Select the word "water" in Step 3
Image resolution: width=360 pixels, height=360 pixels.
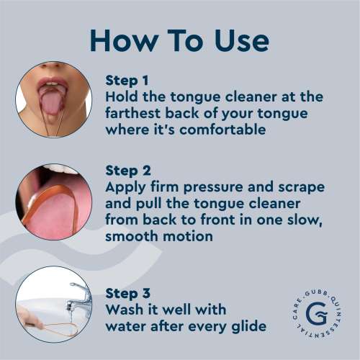(127, 328)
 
